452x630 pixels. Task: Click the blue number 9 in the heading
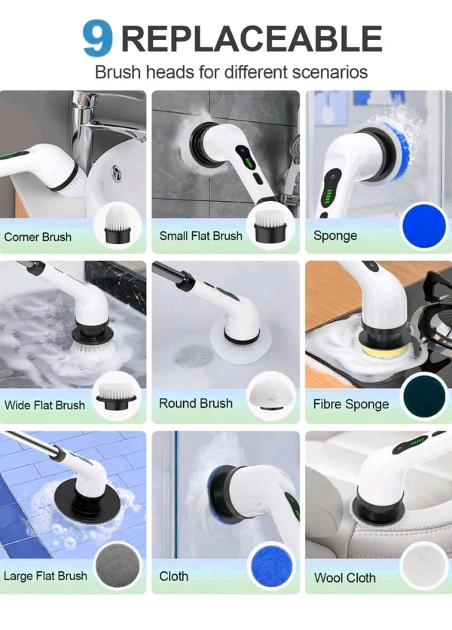[x=97, y=38]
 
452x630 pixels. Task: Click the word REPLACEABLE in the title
[x=252, y=39]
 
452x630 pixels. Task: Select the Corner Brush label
[x=38, y=237]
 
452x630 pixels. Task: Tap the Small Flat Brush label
[x=201, y=236]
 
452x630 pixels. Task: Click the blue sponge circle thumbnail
[x=424, y=226]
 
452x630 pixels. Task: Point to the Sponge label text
[x=335, y=235]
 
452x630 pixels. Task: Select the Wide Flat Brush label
[x=44, y=405]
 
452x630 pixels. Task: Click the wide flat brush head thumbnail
[x=116, y=396]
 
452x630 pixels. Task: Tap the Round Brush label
[x=196, y=403]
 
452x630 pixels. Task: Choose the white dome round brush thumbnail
[x=270, y=396]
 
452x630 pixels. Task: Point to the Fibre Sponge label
[x=351, y=404]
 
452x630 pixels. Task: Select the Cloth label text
[x=173, y=576]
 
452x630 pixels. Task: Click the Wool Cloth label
[x=345, y=578]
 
